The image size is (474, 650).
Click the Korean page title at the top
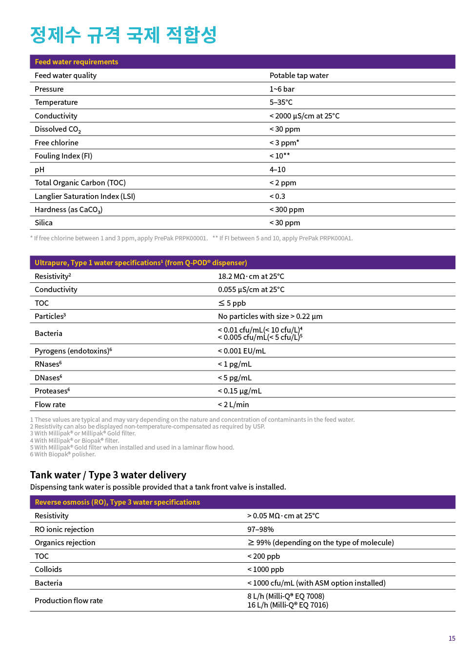[123, 35]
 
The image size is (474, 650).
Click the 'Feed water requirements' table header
[76, 62]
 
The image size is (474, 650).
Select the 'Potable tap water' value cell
[299, 76]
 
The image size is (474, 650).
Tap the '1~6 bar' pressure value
[282, 89]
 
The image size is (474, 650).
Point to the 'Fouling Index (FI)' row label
[63, 156]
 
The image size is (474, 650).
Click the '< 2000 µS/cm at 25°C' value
[304, 116]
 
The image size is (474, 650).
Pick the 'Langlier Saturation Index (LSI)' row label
[85, 197]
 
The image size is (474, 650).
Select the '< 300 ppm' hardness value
[287, 210]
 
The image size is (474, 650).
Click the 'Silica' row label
[43, 223]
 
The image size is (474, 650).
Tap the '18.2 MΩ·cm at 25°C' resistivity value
[251, 276]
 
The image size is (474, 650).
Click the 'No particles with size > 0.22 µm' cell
[270, 316]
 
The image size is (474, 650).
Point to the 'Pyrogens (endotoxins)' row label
[73, 351]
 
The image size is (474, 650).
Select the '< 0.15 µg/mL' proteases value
[239, 391]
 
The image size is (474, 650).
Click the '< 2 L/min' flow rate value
[233, 405]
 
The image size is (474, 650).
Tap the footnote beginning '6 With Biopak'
[63, 454]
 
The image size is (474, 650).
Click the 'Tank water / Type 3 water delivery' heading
[108, 475]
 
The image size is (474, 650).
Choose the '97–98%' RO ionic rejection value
[260, 530]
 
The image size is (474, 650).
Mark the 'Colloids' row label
[48, 570]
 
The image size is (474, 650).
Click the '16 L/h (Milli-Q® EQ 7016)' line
[288, 605]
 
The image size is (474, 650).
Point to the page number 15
[452, 638]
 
